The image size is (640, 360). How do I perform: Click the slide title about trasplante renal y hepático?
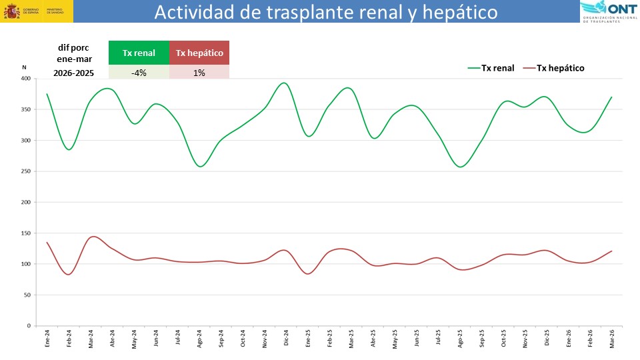tap(326, 12)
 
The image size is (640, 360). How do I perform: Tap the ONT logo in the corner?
tap(609, 11)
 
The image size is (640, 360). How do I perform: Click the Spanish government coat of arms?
tap(11, 12)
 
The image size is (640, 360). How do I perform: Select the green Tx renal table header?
tap(139, 53)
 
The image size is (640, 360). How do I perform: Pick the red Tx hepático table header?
tap(199, 53)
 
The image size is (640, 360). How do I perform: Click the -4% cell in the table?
tap(139, 73)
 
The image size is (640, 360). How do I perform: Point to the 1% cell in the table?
tap(199, 73)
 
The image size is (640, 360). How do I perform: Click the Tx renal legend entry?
tap(492, 67)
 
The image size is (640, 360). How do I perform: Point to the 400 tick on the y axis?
tap(25, 79)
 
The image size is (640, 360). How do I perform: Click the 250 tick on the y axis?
tap(25, 171)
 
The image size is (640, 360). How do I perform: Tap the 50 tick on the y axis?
tap(27, 295)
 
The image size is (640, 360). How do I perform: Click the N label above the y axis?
tap(24, 67)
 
